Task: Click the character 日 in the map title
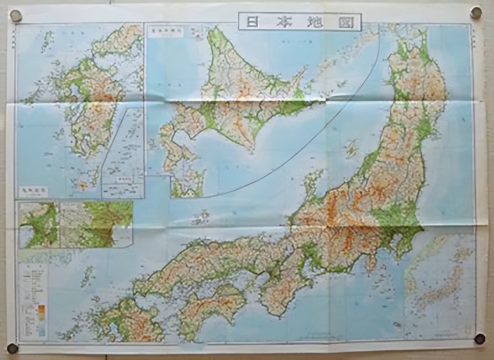[x=253, y=22]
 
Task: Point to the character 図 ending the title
[x=346, y=22]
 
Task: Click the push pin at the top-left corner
[x=15, y=15]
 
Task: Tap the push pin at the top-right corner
[x=476, y=13]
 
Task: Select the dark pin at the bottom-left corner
[x=12, y=348]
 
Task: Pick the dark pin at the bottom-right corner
[x=480, y=338]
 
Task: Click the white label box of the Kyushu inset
[x=33, y=191]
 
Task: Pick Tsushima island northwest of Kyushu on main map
[x=87, y=276]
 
